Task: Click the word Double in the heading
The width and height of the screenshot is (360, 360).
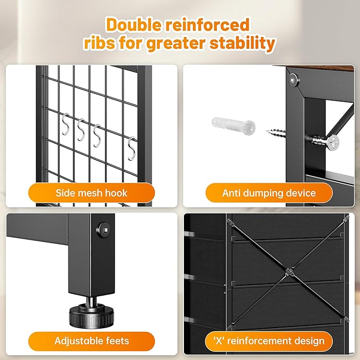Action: [x=134, y=24]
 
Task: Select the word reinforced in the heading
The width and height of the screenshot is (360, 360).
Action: [x=207, y=24]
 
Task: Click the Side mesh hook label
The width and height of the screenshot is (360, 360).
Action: [x=91, y=193]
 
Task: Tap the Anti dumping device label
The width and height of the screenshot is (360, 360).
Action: [x=269, y=193]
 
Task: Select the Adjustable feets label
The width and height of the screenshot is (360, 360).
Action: [x=91, y=341]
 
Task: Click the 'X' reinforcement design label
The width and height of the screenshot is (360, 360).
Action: [x=269, y=341]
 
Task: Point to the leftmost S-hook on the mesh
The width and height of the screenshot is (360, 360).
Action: [x=66, y=124]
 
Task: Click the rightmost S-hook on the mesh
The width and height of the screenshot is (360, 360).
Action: [x=131, y=148]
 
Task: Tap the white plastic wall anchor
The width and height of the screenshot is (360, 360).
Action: [x=233, y=126]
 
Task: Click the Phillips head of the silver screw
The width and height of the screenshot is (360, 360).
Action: [x=333, y=142]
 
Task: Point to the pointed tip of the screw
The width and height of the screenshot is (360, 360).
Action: [x=267, y=131]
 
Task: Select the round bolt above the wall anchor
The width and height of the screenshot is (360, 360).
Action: [x=294, y=80]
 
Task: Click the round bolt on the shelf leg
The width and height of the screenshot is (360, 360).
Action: [x=103, y=230]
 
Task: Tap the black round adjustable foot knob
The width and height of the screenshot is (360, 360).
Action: [x=91, y=315]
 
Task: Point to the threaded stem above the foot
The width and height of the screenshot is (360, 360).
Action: [x=92, y=300]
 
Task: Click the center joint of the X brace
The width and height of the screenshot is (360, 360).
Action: [x=289, y=273]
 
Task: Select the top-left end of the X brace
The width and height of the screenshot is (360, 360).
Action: [x=229, y=221]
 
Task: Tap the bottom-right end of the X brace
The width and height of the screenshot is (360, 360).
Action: [x=346, y=319]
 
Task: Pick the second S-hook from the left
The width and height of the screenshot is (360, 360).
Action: [x=81, y=130]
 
